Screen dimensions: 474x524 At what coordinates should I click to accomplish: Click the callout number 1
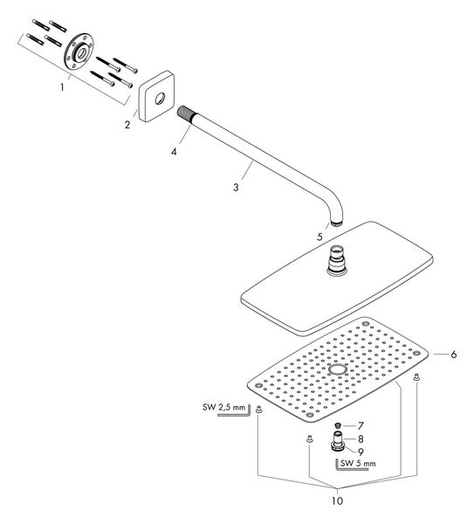[x=62, y=87]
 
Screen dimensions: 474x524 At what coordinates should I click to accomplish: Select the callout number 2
[x=127, y=125]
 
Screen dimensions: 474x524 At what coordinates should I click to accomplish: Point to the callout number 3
[x=237, y=187]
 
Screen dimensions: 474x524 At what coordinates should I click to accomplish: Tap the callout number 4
[x=174, y=152]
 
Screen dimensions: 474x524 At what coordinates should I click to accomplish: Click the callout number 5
[x=320, y=237]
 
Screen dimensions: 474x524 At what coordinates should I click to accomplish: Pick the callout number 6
[x=453, y=355]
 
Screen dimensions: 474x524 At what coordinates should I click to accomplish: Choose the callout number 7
[x=361, y=426]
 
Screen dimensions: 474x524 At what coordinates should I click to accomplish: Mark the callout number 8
[x=361, y=438]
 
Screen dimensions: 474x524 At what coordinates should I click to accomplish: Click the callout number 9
[x=361, y=452]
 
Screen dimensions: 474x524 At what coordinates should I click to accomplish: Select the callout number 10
[x=337, y=501]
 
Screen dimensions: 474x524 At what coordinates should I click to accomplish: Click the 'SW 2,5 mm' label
[x=223, y=407]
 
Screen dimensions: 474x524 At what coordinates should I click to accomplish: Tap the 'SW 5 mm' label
[x=358, y=463]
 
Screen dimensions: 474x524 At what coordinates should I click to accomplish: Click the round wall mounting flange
[x=79, y=52]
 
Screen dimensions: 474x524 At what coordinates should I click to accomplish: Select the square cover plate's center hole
[x=160, y=98]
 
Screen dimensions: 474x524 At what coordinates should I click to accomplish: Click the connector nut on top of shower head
[x=337, y=259]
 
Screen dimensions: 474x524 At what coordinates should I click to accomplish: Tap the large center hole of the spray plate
[x=337, y=369]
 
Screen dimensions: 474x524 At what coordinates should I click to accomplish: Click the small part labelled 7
[x=338, y=425]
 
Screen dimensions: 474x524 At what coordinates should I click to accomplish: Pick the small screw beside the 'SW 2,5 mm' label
[x=258, y=409]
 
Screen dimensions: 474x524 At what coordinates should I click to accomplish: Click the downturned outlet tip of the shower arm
[x=336, y=223]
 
